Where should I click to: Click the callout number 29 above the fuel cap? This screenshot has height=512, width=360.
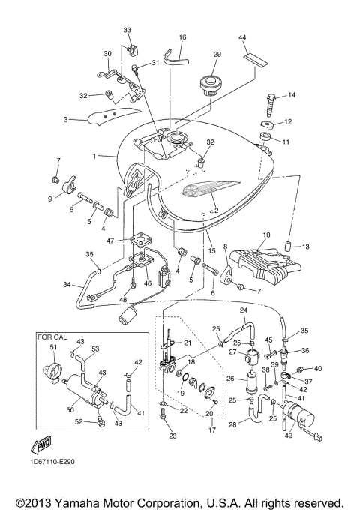(217, 55)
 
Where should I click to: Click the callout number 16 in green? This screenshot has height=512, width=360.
(182, 37)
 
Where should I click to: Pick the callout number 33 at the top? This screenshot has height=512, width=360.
(127, 29)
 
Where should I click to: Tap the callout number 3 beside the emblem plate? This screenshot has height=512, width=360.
(65, 120)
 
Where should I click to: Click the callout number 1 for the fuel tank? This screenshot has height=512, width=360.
(94, 157)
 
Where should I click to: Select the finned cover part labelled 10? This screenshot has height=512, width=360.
(263, 264)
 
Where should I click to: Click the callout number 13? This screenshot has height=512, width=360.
(307, 246)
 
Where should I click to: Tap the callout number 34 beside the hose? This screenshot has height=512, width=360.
(67, 285)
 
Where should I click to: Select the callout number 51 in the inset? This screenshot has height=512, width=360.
(52, 346)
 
